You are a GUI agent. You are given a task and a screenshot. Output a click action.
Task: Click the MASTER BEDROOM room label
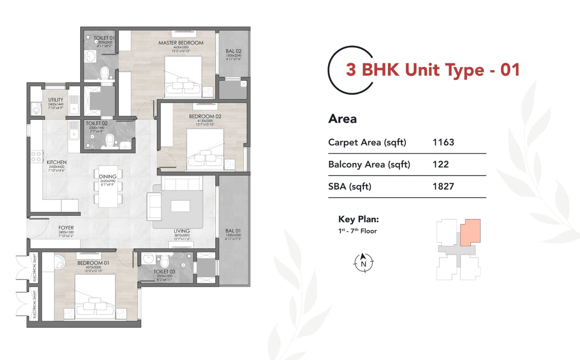pyautogui.click(x=181, y=43)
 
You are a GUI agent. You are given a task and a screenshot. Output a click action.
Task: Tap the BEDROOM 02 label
pyautogui.click(x=205, y=117)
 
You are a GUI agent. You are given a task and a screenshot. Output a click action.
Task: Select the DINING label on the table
pyautogui.click(x=108, y=176)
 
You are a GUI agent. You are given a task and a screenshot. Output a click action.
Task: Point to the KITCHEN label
pyautogui.click(x=57, y=162)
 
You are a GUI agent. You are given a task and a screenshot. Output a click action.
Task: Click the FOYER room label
pyautogui.click(x=66, y=228)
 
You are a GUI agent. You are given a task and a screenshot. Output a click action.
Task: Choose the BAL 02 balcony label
pyautogui.click(x=233, y=51)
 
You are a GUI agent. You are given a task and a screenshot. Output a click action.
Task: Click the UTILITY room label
pyautogui.click(x=56, y=100)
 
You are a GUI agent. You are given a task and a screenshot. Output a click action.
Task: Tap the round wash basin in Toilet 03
pyautogui.click(x=148, y=258)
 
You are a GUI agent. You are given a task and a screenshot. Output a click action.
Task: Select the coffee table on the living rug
pyautogui.click(x=180, y=206)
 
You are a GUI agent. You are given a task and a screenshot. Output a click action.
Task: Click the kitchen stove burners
pyautogui.click(x=35, y=157)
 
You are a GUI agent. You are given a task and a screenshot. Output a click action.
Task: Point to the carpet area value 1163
pyautogui.click(x=443, y=142)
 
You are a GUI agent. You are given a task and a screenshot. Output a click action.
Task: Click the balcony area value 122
pyautogui.click(x=440, y=164)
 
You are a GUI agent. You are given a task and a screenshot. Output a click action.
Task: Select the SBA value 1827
pyautogui.click(x=443, y=186)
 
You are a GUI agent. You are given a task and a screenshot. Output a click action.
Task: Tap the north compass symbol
pyautogui.click(x=363, y=263)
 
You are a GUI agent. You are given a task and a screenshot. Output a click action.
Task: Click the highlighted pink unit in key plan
pyautogui.click(x=470, y=231)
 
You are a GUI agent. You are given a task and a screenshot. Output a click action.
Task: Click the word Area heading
pyautogui.click(x=343, y=119)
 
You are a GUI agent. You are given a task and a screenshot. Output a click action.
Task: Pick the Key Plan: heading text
pyautogui.click(x=358, y=219)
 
